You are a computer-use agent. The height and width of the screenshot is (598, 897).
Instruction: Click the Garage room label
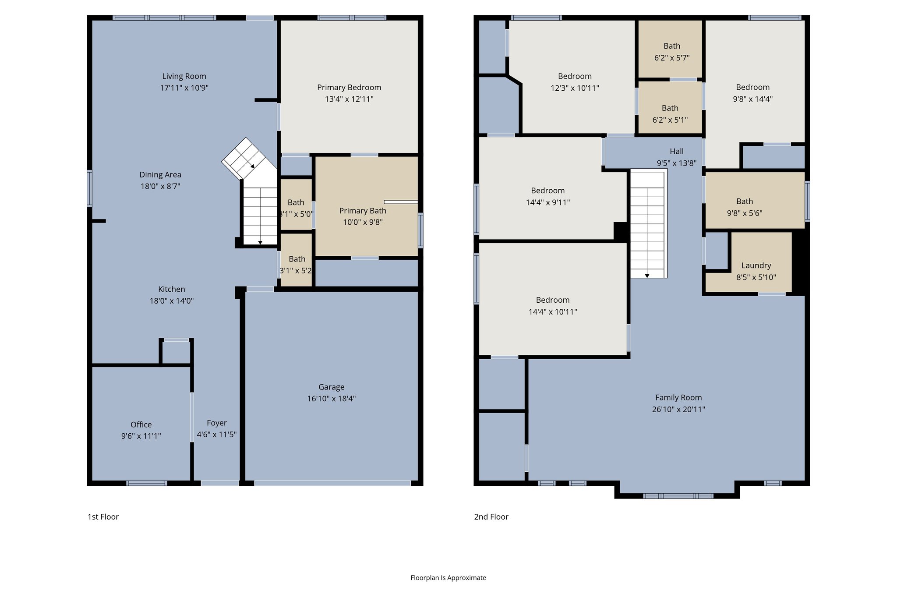[x=331, y=387]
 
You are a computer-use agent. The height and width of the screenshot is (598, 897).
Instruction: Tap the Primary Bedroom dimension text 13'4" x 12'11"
[x=349, y=99]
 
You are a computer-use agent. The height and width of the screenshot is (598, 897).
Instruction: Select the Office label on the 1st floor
[x=141, y=425]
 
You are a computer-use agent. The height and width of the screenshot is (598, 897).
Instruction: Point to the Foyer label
[x=216, y=423]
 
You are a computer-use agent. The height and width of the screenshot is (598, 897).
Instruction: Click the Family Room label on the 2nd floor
[x=678, y=398]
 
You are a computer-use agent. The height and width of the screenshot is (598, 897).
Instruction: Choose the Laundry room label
[x=756, y=265]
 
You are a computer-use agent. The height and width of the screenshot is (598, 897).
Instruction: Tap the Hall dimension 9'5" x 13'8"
[x=676, y=163]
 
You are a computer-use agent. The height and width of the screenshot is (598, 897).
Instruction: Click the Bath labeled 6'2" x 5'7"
[x=671, y=46]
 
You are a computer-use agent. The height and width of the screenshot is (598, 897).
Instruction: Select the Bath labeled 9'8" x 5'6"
[x=744, y=202]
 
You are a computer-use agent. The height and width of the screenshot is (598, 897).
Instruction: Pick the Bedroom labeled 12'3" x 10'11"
[x=575, y=76]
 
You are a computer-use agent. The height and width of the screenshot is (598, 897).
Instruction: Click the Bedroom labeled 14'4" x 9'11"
[x=547, y=191]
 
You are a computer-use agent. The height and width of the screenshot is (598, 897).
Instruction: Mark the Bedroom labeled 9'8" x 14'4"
[x=752, y=87]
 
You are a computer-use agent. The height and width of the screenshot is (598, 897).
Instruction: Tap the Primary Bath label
[x=363, y=211]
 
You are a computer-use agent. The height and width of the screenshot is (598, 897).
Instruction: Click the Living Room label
[x=184, y=76]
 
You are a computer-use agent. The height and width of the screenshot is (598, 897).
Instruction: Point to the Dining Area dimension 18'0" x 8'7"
[x=160, y=186]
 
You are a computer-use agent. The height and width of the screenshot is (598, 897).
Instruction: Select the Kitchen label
[x=171, y=289]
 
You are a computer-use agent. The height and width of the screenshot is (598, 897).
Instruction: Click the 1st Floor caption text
[x=103, y=517]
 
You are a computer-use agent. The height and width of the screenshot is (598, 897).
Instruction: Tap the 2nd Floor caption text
[x=491, y=517]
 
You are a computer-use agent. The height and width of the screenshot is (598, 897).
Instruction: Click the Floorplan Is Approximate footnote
[x=448, y=578]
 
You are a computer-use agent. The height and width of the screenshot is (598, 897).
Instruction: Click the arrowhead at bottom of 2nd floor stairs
[x=647, y=276]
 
